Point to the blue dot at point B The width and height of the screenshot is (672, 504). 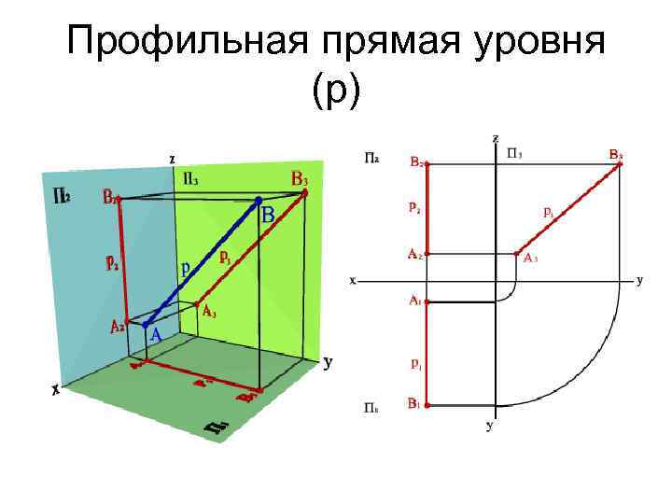259,200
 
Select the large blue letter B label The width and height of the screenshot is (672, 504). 269,216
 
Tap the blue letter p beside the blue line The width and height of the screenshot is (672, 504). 187,266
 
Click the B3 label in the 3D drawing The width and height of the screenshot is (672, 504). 300,177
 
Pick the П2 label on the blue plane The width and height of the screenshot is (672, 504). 62,195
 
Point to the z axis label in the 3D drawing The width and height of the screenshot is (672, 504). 172,158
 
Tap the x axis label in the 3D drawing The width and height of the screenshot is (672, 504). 56,393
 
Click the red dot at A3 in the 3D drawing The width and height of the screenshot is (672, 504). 197,304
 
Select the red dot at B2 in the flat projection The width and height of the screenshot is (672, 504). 427,163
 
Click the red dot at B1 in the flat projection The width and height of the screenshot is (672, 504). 427,405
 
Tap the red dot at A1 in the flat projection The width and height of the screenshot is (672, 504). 427,301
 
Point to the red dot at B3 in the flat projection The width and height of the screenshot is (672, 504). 621,163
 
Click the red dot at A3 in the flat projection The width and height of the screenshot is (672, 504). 516,253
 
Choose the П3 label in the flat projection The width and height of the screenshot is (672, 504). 514,150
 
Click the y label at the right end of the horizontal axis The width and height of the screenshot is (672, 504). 639,279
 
